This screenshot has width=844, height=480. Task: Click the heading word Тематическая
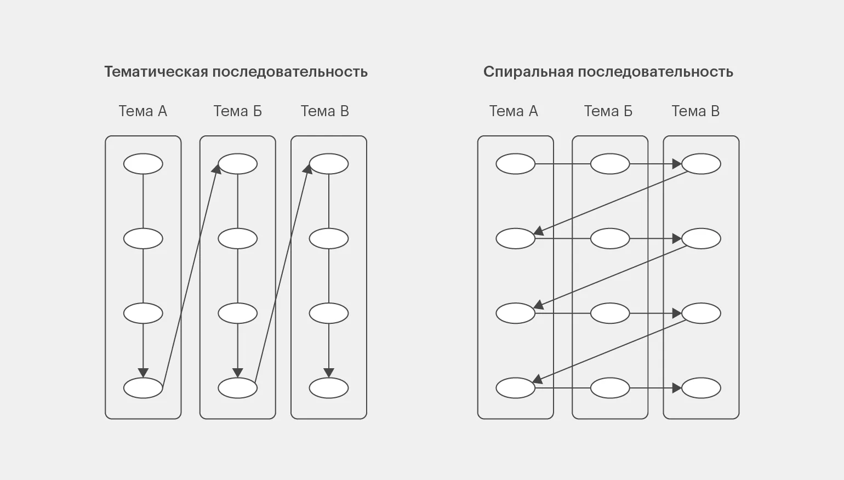(156, 72)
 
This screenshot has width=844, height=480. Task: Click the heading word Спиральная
(528, 72)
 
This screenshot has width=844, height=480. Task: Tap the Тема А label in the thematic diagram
(143, 111)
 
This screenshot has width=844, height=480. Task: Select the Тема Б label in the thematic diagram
(237, 111)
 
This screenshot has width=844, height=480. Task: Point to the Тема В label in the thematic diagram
(324, 111)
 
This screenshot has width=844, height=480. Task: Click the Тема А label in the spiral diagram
(514, 111)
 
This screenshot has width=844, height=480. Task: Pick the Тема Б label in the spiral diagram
(608, 111)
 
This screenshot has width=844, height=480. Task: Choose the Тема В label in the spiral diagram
(695, 111)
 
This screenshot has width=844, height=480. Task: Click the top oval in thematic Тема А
(143, 164)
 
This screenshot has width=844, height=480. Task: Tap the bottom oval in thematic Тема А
(143, 388)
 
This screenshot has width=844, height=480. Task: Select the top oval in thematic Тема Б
(238, 164)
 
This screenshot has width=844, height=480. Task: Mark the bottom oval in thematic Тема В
(329, 388)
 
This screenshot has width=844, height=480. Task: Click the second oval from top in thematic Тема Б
(238, 239)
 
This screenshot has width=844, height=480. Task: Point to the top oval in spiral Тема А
(515, 164)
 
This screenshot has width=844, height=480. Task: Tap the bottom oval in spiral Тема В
(701, 388)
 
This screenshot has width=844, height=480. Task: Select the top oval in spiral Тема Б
(610, 164)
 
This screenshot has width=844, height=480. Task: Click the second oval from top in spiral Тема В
(701, 239)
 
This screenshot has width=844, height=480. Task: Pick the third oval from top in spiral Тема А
(515, 313)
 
